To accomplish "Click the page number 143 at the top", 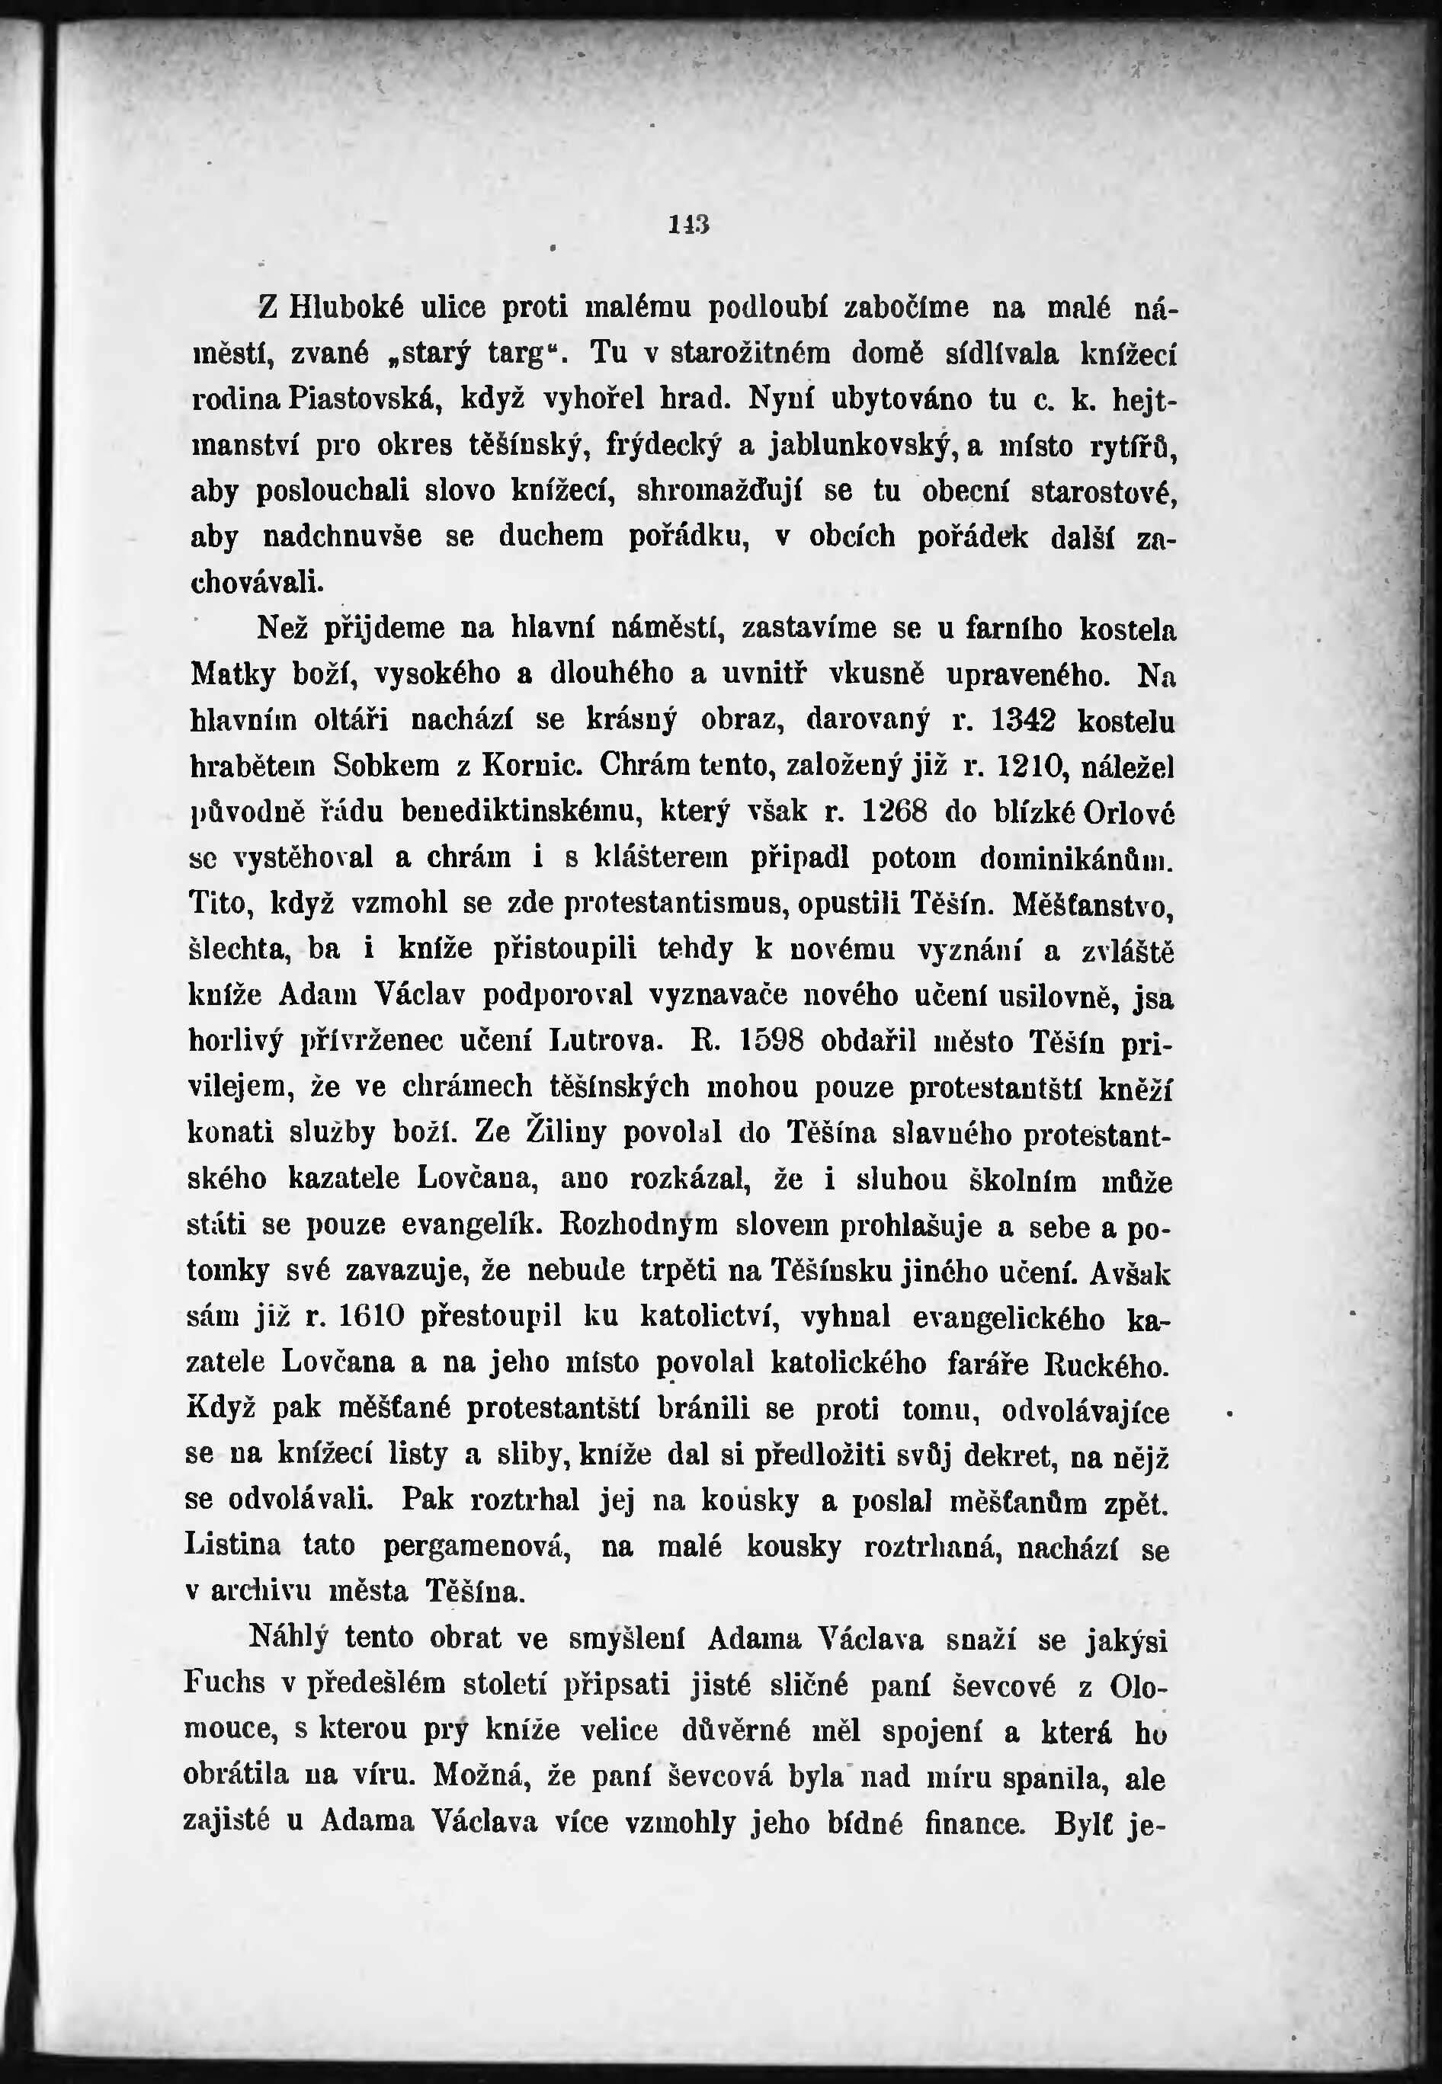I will (688, 224).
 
